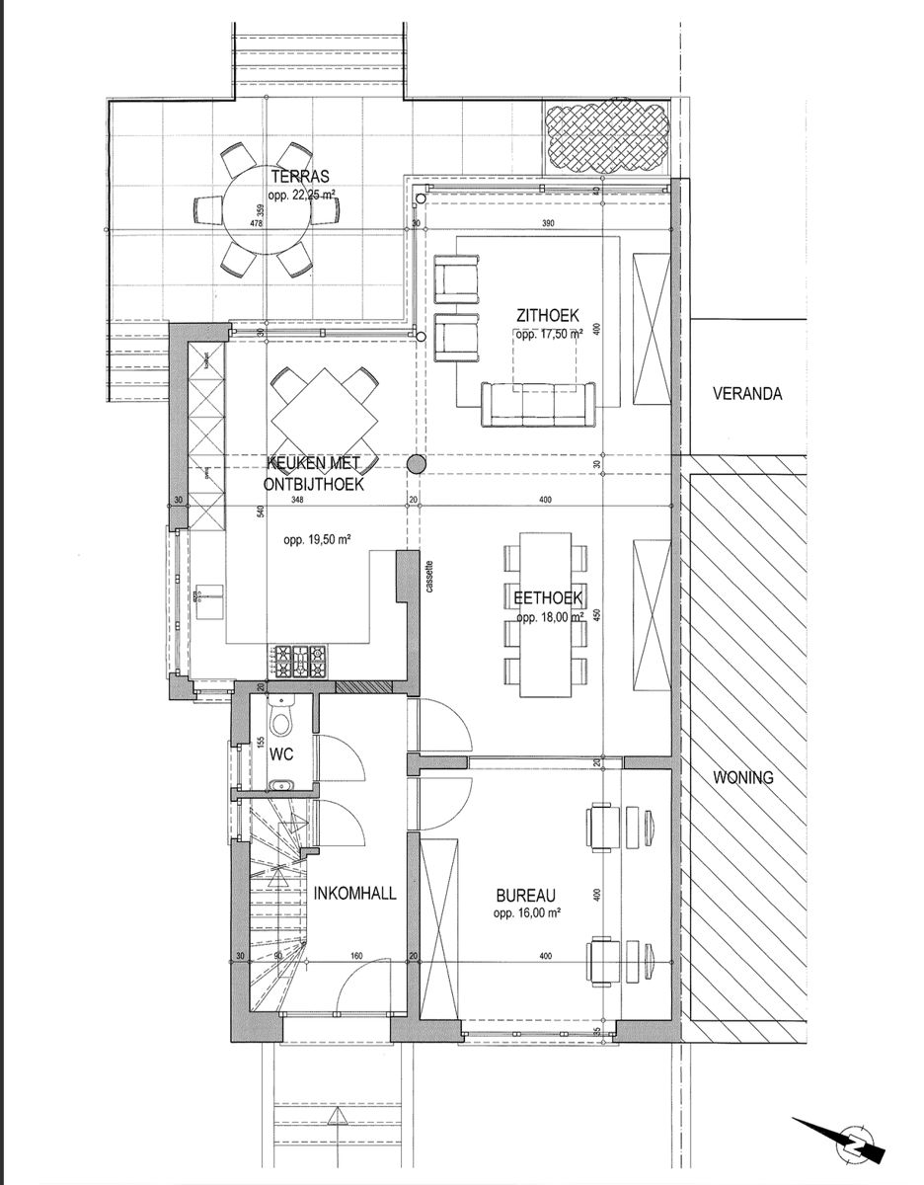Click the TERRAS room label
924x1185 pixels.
(296, 178)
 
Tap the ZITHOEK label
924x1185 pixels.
(545, 316)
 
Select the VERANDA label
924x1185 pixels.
(747, 394)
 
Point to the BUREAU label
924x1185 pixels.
(527, 898)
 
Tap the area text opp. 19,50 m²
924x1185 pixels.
(318, 540)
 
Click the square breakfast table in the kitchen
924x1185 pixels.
(325, 412)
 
